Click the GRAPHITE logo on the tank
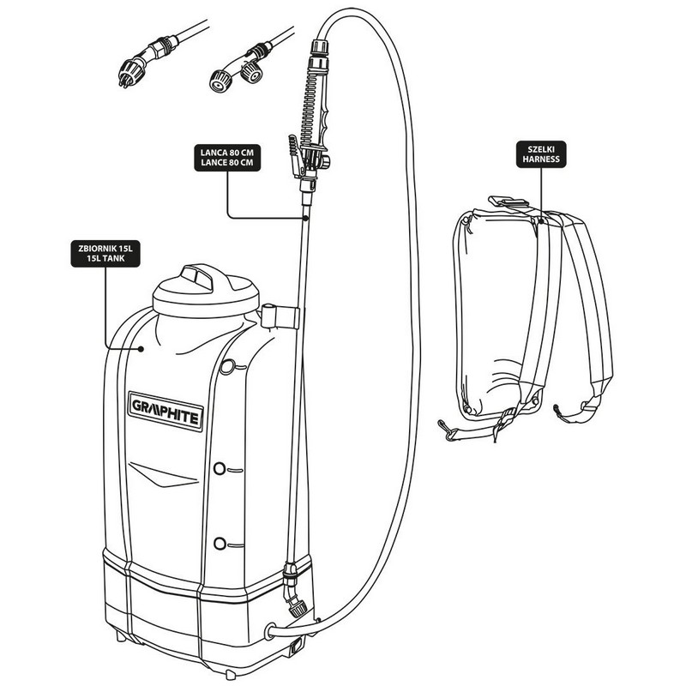[x=166, y=410]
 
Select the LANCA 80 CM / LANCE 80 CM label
[x=227, y=158]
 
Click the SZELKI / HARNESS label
[x=542, y=156]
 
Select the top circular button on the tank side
[x=227, y=367]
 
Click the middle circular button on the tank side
[x=220, y=469]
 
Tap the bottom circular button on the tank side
[x=220, y=544]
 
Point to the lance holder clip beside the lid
[x=280, y=316]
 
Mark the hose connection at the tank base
[x=274, y=631]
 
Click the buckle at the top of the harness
[x=507, y=203]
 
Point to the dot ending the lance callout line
[x=304, y=219]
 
